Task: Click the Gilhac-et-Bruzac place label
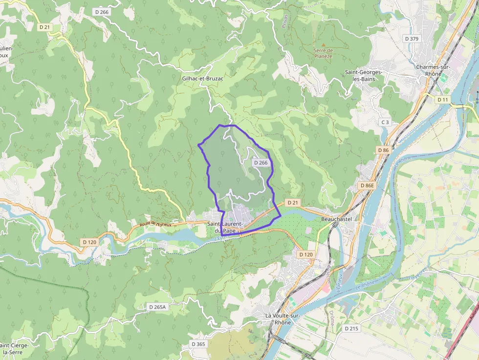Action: (202, 78)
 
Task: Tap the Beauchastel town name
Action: (336, 219)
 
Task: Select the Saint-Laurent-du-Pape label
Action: (226, 227)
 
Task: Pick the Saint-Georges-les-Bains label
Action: (363, 75)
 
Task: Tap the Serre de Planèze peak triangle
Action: (323, 45)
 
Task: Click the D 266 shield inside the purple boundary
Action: (261, 163)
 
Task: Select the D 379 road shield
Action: (412, 39)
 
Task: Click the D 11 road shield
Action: (442, 100)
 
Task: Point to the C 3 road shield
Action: (385, 122)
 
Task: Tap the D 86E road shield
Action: (366, 186)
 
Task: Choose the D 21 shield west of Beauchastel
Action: (292, 202)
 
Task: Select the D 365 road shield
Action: (198, 344)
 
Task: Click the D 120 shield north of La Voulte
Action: (305, 254)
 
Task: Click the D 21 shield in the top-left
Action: (44, 27)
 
